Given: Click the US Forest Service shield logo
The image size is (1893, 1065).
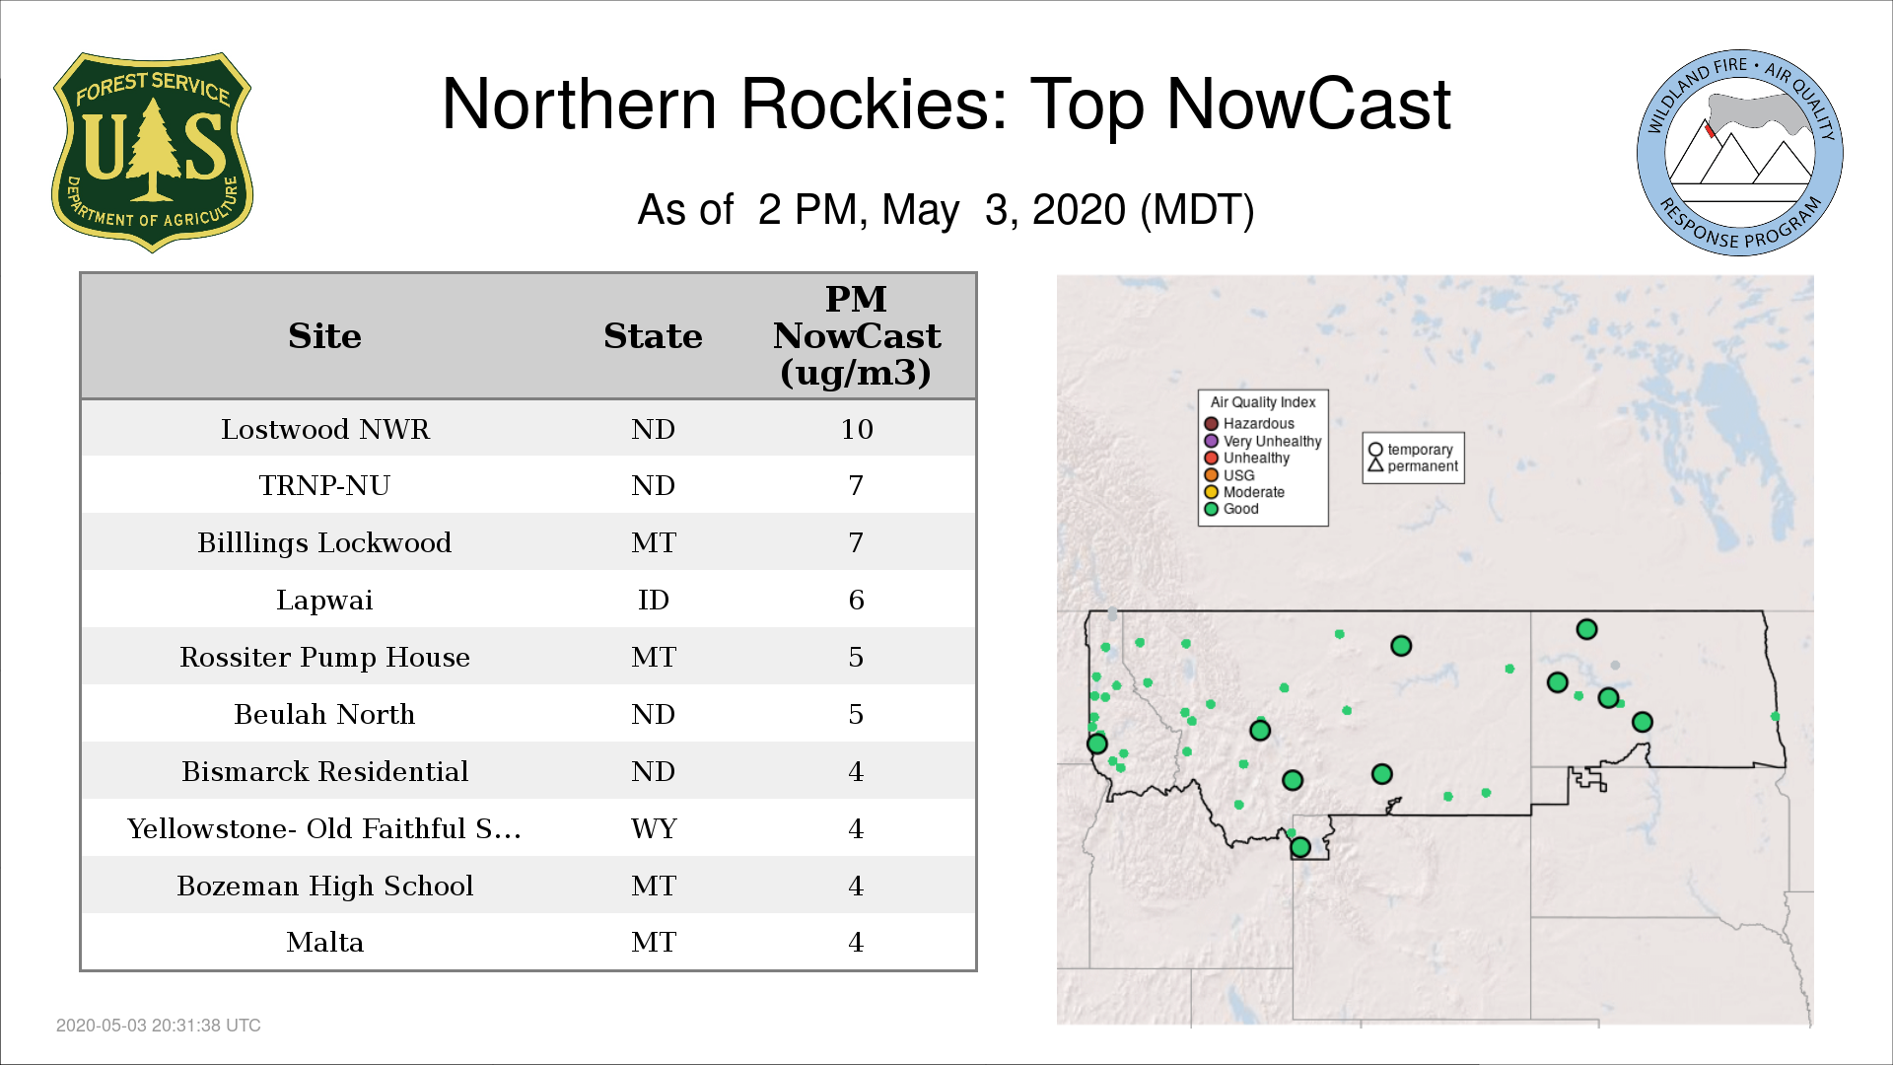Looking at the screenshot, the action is tap(152, 152).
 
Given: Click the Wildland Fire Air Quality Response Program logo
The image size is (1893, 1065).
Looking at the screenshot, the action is tap(1740, 153).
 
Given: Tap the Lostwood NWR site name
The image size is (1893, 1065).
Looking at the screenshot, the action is tap(325, 429).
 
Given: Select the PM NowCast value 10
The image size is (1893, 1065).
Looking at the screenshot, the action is tap(857, 429).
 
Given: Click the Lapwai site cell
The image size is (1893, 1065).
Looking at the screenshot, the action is tap(324, 600).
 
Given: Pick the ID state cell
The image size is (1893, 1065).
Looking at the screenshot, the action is tap(654, 600).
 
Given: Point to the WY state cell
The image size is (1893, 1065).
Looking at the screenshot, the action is tap(654, 828).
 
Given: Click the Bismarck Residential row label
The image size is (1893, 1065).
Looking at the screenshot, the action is tap(325, 771).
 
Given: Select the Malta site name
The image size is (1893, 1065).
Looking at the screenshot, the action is tap(325, 942).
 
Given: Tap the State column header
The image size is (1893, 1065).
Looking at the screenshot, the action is tap(653, 336).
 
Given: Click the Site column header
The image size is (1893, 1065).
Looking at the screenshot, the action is tap(324, 336).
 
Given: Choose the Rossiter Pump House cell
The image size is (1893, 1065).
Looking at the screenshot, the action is tap(324, 657).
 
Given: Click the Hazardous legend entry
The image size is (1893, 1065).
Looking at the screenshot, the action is tap(1249, 424).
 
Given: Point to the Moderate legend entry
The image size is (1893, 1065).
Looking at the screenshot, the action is tap(1244, 492).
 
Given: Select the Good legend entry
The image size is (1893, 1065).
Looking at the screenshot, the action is tap(1231, 509).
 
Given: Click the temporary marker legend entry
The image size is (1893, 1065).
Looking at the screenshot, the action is tap(1411, 450).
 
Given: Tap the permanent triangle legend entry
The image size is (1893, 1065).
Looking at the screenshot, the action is tap(1413, 466).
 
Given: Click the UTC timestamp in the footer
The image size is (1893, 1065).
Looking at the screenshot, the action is tap(159, 1026).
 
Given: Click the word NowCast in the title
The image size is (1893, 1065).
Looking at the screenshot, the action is tap(1308, 105).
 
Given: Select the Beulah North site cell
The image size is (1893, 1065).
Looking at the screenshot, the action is tap(324, 714).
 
